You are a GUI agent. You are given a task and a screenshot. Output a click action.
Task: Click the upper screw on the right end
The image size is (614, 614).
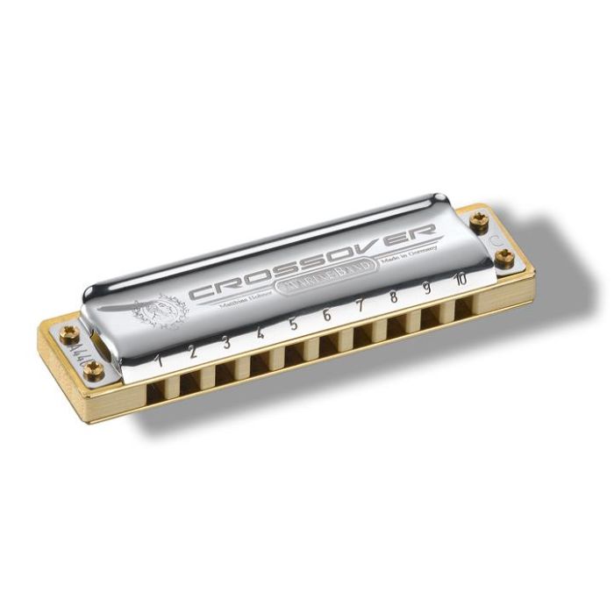point(479,223)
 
